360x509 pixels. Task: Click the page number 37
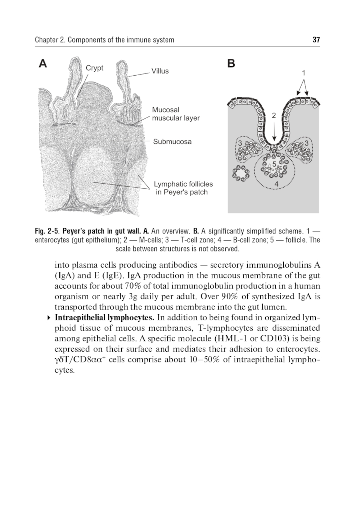(x=316, y=40)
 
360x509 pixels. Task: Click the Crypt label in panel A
(x=94, y=68)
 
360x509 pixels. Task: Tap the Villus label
(x=160, y=71)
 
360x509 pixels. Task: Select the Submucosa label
(x=172, y=142)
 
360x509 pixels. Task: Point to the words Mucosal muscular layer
(x=175, y=114)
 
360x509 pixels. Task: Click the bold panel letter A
(x=43, y=64)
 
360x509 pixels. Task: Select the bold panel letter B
(x=231, y=64)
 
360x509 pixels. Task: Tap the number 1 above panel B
(x=303, y=73)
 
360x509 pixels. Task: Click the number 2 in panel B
(x=274, y=116)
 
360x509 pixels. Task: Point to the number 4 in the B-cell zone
(x=276, y=184)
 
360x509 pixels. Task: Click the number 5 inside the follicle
(x=274, y=164)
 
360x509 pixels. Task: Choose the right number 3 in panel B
(x=306, y=143)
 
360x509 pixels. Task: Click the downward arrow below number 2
(x=274, y=132)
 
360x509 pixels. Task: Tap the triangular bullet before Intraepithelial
(x=49, y=318)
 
